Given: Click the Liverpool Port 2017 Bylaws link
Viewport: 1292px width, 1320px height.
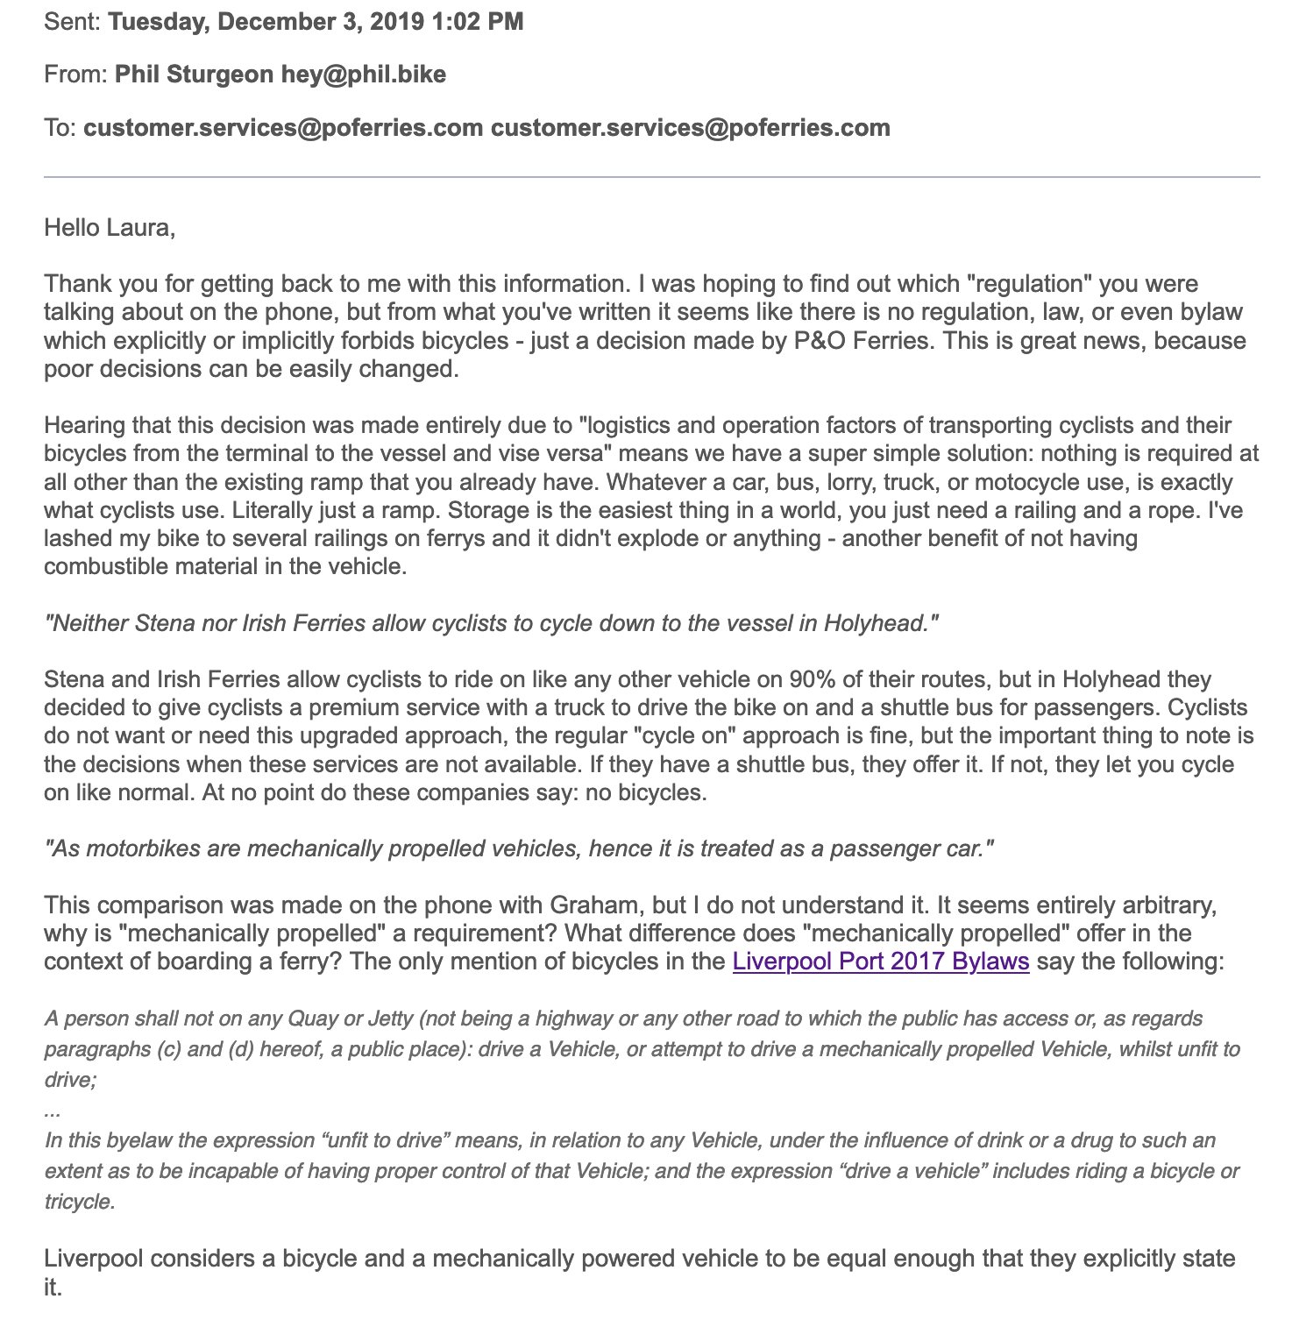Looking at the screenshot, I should click(x=880, y=962).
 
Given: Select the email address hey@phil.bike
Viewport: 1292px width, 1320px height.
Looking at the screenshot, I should click(x=363, y=75).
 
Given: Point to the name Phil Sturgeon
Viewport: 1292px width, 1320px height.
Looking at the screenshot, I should click(x=194, y=75).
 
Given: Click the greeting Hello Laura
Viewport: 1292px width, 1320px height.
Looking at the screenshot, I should click(x=110, y=228).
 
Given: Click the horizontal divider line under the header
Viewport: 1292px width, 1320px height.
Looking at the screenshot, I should click(x=651, y=177).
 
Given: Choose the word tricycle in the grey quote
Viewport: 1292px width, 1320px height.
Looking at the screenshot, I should click(x=77, y=1202).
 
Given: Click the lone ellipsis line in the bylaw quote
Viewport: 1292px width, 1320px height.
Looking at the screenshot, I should click(x=52, y=1111).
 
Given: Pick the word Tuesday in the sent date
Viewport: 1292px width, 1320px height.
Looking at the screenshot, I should click(x=153, y=21).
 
